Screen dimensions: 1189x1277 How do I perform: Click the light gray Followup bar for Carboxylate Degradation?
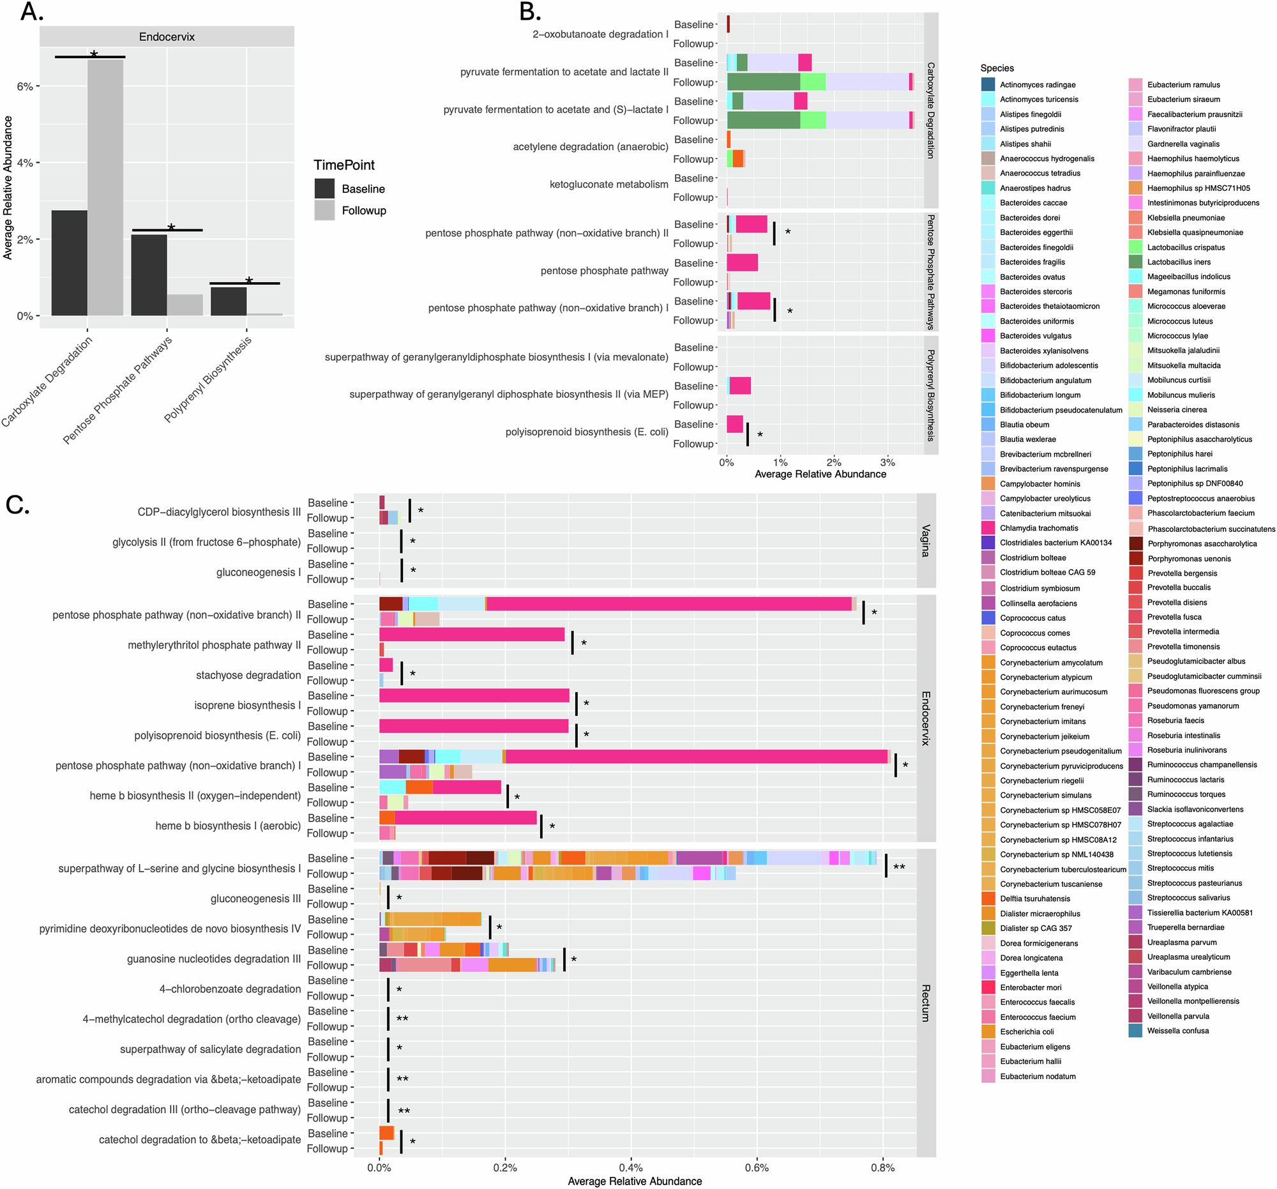pos(105,186)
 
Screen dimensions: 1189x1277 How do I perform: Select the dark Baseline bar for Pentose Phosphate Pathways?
pos(148,275)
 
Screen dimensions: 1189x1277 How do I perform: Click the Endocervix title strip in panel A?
pos(167,36)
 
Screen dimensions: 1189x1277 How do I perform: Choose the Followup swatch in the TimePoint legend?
pos(324,210)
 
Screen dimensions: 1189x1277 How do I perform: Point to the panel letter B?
pos(530,11)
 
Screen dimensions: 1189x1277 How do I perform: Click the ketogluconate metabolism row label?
pos(608,185)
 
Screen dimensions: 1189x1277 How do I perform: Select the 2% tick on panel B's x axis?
pos(834,462)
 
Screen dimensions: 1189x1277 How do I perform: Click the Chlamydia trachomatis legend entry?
pos(1039,528)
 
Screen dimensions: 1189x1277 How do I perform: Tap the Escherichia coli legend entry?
pos(1027,1032)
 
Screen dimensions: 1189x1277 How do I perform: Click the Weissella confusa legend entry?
pos(1177,1031)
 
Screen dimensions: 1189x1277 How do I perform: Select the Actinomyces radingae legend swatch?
pos(988,84)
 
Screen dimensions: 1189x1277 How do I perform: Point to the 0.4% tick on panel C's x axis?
pos(631,1168)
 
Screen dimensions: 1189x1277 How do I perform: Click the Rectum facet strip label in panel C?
pos(926,1003)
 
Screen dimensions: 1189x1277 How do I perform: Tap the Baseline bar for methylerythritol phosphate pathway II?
pos(471,635)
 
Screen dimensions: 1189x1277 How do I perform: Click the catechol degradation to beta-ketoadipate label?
pos(199,1140)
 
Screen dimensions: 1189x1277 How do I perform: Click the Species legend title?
pos(997,68)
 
